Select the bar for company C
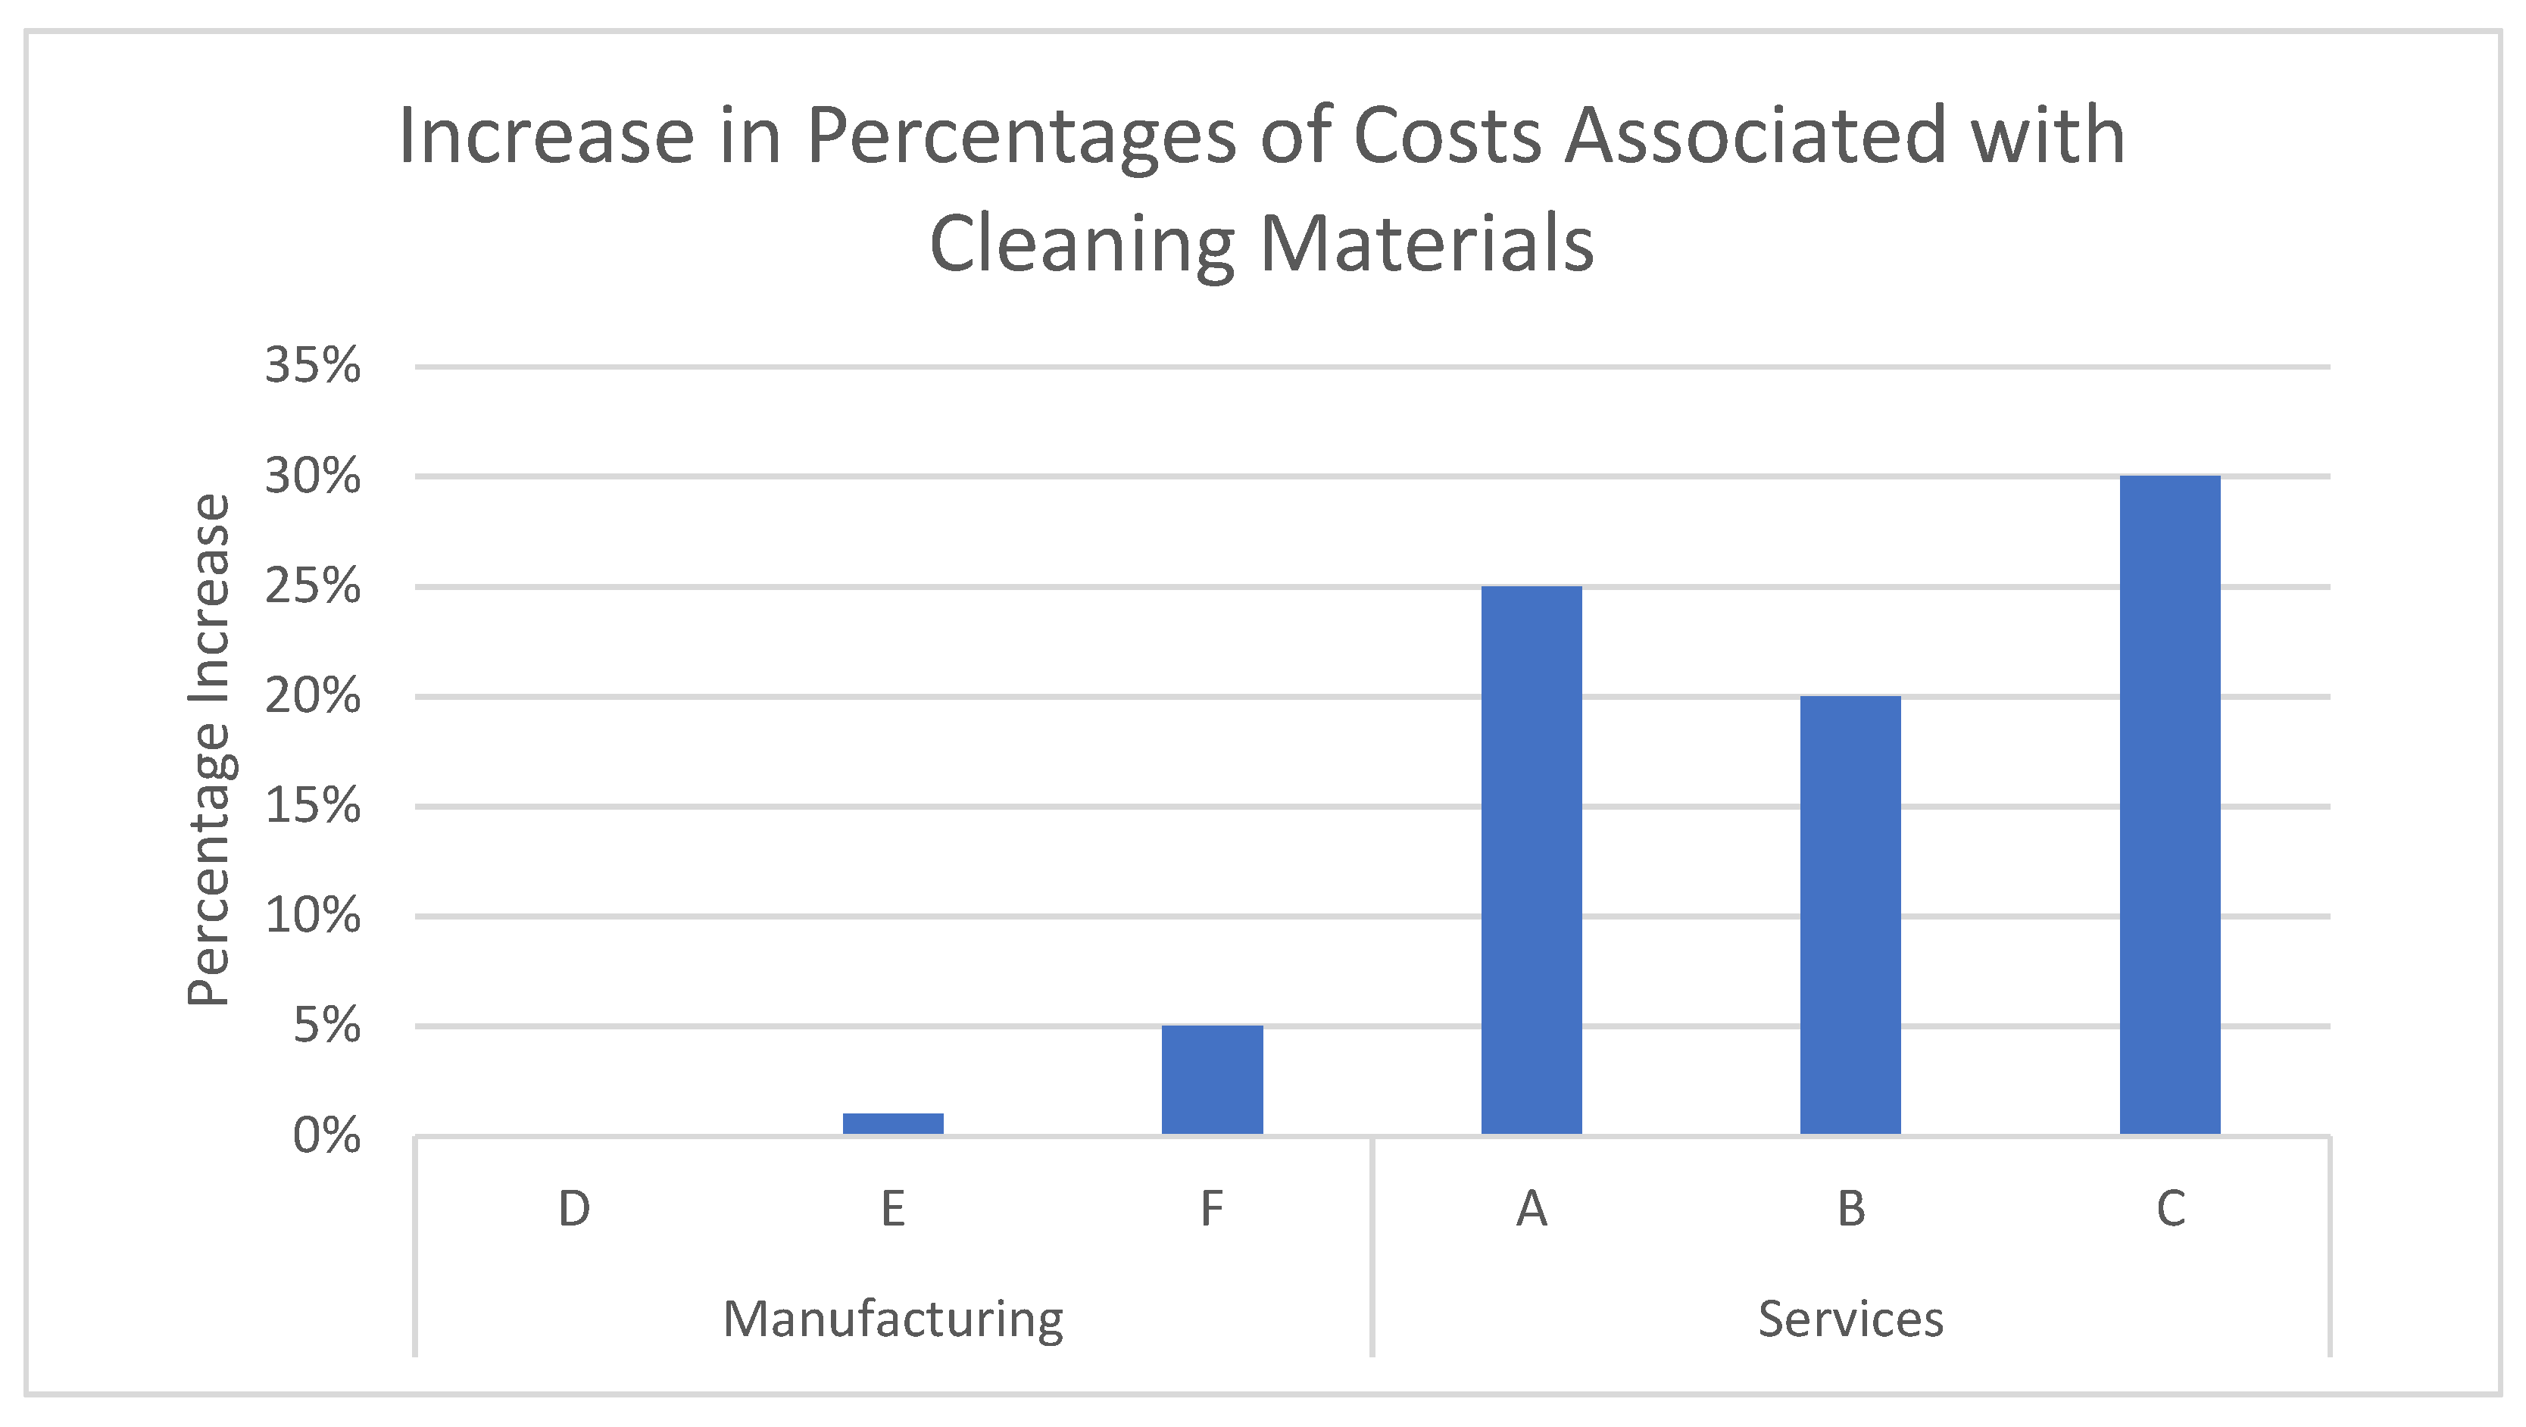tap(2169, 804)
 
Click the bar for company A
tap(1531, 860)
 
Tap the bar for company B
tap(1850, 915)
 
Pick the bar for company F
tap(1212, 1080)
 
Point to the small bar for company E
tap(892, 1124)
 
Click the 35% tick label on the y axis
tap(312, 366)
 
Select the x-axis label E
tap(892, 1208)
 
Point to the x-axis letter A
tap(1531, 1208)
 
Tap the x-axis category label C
tap(2169, 1208)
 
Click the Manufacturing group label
tap(892, 1319)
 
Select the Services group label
tap(1850, 1319)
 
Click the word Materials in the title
tap(1427, 243)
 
